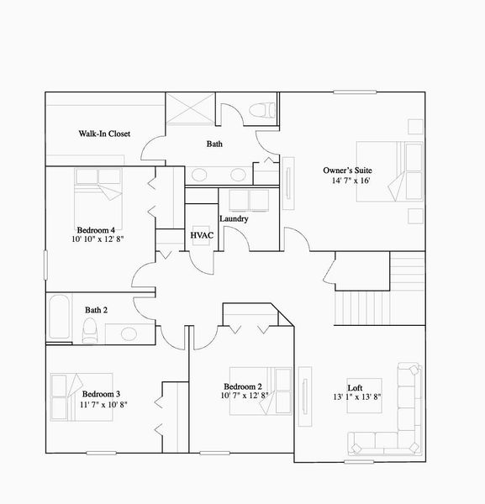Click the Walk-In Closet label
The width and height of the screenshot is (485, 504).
[104, 134]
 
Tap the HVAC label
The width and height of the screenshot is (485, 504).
[201, 236]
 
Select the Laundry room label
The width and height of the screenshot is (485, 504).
[234, 219]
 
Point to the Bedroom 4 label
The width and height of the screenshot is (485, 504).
[96, 229]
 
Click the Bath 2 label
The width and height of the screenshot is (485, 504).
[97, 310]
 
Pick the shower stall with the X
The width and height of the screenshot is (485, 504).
[192, 110]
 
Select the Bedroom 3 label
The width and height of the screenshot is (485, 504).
[101, 394]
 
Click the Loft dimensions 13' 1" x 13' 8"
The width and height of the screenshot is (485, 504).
[357, 396]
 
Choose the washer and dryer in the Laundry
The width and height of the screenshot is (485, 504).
[247, 200]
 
